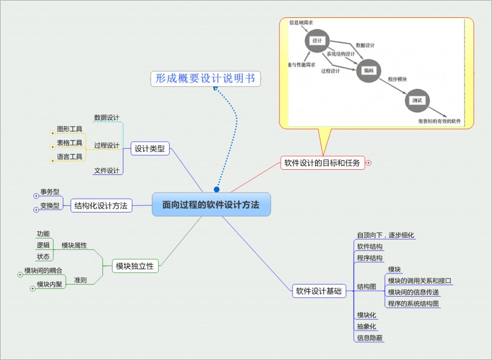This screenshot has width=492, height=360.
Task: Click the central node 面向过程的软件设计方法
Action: coord(211,205)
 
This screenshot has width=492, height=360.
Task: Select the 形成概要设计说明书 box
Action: coord(206,78)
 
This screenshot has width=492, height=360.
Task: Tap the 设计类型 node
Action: coord(149,149)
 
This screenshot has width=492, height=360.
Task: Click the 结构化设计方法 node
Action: coord(101,206)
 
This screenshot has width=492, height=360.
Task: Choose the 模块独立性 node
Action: coord(135,266)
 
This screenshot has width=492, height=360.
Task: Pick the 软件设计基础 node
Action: coord(319,291)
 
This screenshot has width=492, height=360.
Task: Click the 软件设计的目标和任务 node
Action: coord(322,163)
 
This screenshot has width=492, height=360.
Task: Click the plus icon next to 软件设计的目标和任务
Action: coord(369,163)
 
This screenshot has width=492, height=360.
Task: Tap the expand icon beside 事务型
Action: coord(36,196)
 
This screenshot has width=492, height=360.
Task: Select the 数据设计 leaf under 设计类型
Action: coord(107,117)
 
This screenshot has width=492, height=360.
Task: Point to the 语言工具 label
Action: coord(70,157)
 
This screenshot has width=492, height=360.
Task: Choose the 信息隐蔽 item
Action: coord(369,338)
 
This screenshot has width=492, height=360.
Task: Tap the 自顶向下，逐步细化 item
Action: coord(385,235)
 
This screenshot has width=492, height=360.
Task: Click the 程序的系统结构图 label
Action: coord(413,303)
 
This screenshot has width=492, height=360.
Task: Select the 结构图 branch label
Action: coord(367,286)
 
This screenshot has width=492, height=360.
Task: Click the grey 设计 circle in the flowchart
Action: coord(317,41)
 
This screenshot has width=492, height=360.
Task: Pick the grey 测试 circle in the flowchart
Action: coord(417,100)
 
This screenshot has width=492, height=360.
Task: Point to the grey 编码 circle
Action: coord(368,71)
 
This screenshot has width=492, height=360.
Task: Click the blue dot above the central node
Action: coord(217,189)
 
